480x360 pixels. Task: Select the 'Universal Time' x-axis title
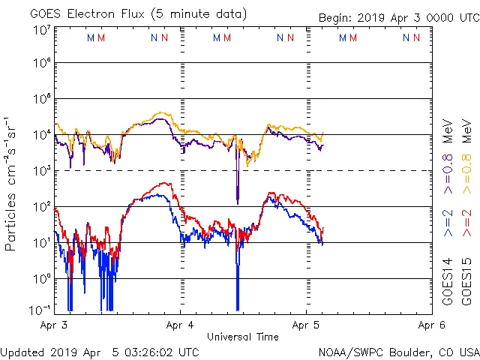[243, 337]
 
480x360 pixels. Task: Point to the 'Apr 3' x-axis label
[55, 325]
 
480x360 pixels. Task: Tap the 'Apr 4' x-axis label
[181, 325]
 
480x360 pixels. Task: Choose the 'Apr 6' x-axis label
[430, 325]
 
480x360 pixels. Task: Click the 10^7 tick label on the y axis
[42, 29]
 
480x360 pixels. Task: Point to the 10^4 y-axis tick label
[42, 135]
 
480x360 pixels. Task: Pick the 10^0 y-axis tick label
[42, 278]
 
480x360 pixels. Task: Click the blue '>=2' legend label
[448, 224]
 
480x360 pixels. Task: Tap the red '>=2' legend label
[467, 224]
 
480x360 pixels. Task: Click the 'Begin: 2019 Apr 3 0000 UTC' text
[397, 18]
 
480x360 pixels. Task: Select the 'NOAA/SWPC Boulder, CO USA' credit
[398, 351]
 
